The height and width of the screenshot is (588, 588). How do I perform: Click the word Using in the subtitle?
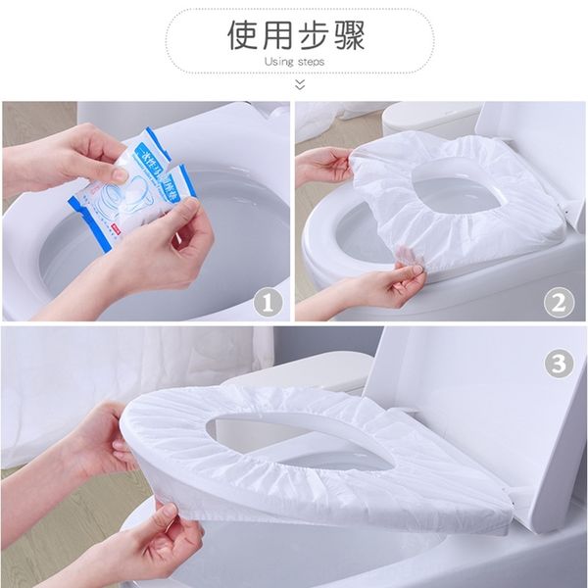279,62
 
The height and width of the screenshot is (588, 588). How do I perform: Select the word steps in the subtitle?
311,62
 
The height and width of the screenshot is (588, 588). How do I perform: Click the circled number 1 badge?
266,301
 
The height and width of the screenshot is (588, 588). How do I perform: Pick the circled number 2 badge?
558,301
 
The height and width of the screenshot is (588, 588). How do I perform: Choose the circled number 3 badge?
558,363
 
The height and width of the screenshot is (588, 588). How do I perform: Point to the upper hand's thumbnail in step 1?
119,174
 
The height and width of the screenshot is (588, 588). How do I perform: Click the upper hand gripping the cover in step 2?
323,165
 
